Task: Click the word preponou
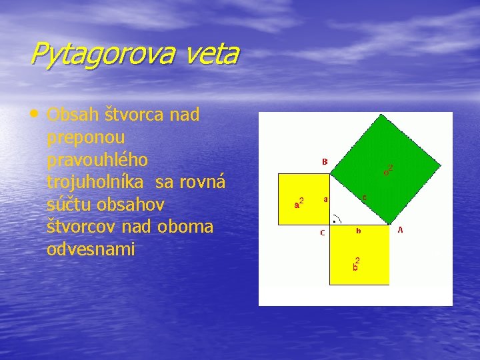click(86, 138)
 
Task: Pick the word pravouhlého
click(97, 161)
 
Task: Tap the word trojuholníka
click(99, 183)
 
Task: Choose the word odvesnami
click(91, 249)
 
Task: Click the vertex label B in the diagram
click(324, 161)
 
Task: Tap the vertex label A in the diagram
click(400, 230)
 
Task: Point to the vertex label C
click(323, 233)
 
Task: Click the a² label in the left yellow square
click(299, 203)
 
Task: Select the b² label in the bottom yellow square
click(357, 264)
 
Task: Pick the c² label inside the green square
click(387, 170)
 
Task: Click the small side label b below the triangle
click(358, 231)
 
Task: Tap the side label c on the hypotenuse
click(364, 197)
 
